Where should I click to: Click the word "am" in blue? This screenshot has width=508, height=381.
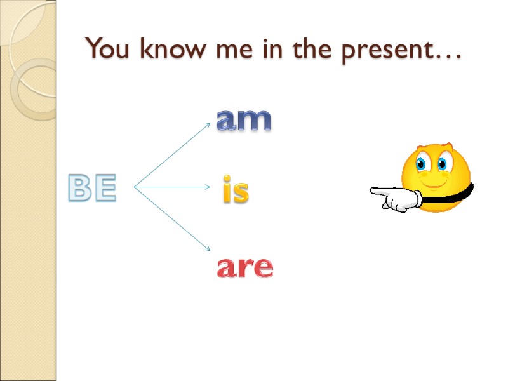click(244, 119)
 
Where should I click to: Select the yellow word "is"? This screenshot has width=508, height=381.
click(235, 192)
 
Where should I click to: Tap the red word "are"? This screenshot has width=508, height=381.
click(245, 268)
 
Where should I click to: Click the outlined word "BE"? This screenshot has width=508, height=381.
click(93, 189)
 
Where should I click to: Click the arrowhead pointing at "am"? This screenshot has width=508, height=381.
click(207, 125)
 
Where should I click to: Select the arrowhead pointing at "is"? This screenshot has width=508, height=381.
click(208, 187)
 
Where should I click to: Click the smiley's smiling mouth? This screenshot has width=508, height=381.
click(433, 185)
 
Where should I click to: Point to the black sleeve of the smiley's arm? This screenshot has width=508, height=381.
click(452, 195)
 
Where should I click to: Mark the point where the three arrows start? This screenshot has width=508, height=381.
click(135, 187)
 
